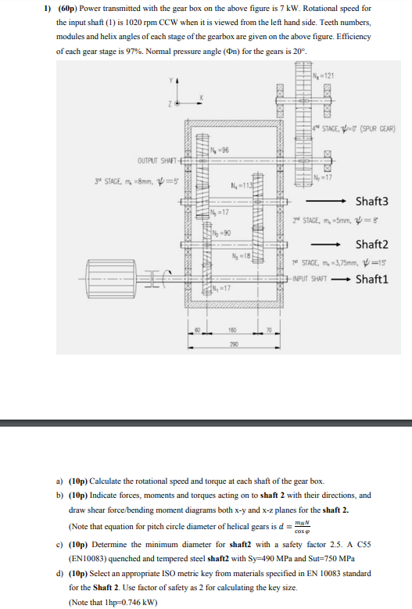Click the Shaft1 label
click(x=371, y=279)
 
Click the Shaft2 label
click(x=371, y=244)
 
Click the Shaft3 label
click(x=371, y=202)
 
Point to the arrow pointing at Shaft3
click(x=339, y=202)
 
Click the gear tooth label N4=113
click(x=239, y=186)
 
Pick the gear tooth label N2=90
click(x=221, y=234)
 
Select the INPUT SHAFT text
click(x=309, y=279)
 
